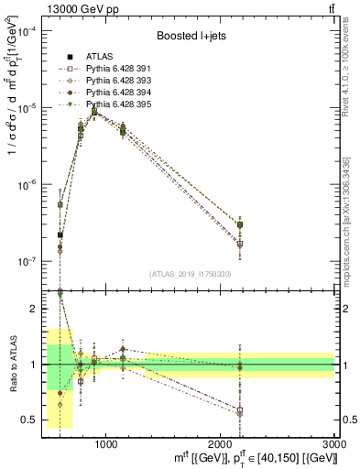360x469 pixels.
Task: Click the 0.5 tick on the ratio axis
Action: (x=34, y=420)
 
